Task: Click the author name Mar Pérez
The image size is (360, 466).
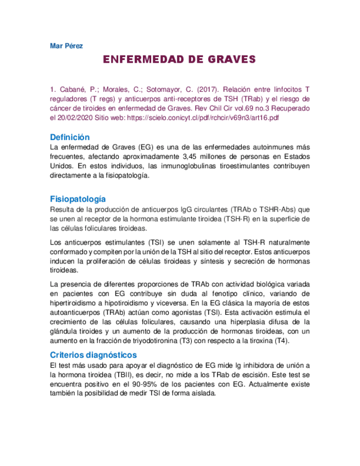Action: pyautogui.click(x=66, y=46)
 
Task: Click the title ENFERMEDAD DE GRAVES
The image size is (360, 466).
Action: pyautogui.click(x=180, y=59)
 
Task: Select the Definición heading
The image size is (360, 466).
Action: pyautogui.click(x=69, y=137)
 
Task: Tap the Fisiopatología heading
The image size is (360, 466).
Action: pyautogui.click(x=77, y=199)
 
